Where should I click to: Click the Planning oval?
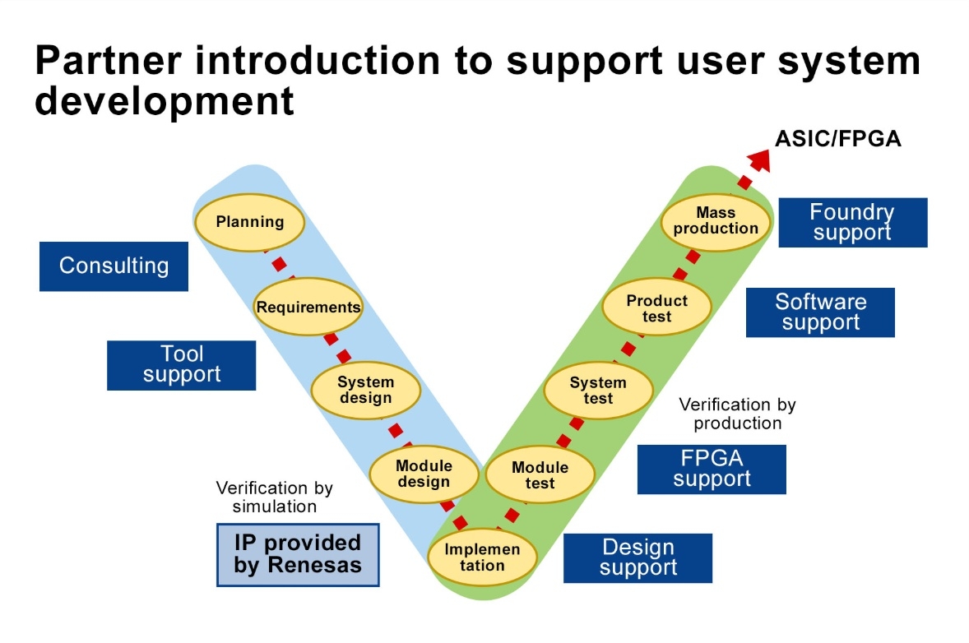pyautogui.click(x=249, y=222)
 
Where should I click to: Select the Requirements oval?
pyautogui.click(x=308, y=308)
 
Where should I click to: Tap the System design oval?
pyautogui.click(x=365, y=391)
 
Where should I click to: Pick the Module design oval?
pyautogui.click(x=424, y=474)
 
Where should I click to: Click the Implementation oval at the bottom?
pyautogui.click(x=483, y=557)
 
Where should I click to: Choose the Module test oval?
pyautogui.click(x=540, y=475)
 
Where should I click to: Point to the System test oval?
pyautogui.click(x=598, y=391)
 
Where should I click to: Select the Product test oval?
pyautogui.click(x=656, y=308)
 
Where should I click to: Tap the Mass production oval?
pyautogui.click(x=716, y=220)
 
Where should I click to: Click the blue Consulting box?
pyautogui.click(x=114, y=266)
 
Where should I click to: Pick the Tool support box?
pyautogui.click(x=182, y=365)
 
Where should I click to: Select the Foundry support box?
pyautogui.click(x=852, y=222)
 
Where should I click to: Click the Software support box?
pyautogui.click(x=820, y=312)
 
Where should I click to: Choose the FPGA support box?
pyautogui.click(x=712, y=470)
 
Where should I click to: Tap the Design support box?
pyautogui.click(x=637, y=557)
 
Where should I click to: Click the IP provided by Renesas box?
pyautogui.click(x=298, y=554)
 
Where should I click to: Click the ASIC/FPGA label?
pyautogui.click(x=838, y=139)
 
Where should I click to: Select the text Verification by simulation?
pyautogui.click(x=274, y=497)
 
